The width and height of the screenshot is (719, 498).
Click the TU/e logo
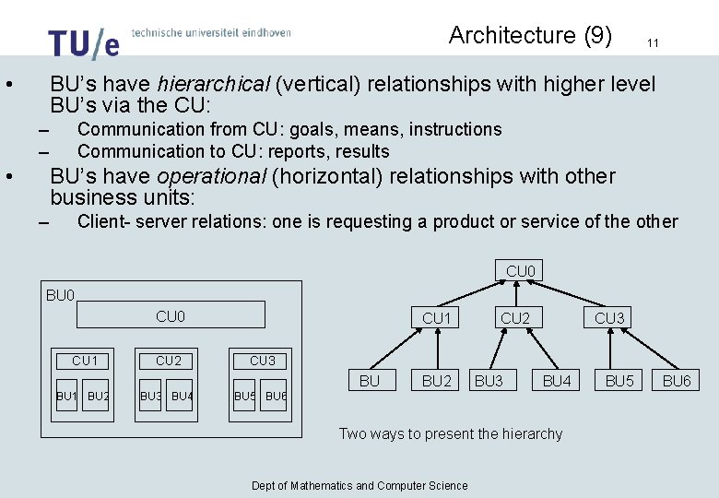coord(83,42)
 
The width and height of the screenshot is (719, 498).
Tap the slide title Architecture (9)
coord(530,35)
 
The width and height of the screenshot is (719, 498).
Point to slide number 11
coord(653,42)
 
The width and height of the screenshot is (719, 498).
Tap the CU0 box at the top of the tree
coord(522,271)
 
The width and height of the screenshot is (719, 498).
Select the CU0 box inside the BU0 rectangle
coord(171,315)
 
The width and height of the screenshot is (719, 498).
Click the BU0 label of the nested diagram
coord(60,295)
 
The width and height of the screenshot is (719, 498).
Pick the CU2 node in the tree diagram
coord(514,318)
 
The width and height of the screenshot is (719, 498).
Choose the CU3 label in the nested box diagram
coord(262,361)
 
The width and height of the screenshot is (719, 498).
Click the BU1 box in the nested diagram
coord(66,397)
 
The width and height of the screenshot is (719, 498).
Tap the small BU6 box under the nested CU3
coord(276,397)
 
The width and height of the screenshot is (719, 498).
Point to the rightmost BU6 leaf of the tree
coord(677,380)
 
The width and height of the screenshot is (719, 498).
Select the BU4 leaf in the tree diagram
coord(557,380)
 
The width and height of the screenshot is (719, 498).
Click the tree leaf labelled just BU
coord(369,380)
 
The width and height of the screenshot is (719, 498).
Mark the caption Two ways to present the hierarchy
coord(451,433)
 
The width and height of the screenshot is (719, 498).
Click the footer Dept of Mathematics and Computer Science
coord(359,486)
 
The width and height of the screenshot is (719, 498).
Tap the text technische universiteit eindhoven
coord(211,32)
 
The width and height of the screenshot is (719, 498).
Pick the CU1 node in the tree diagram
coord(436,318)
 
